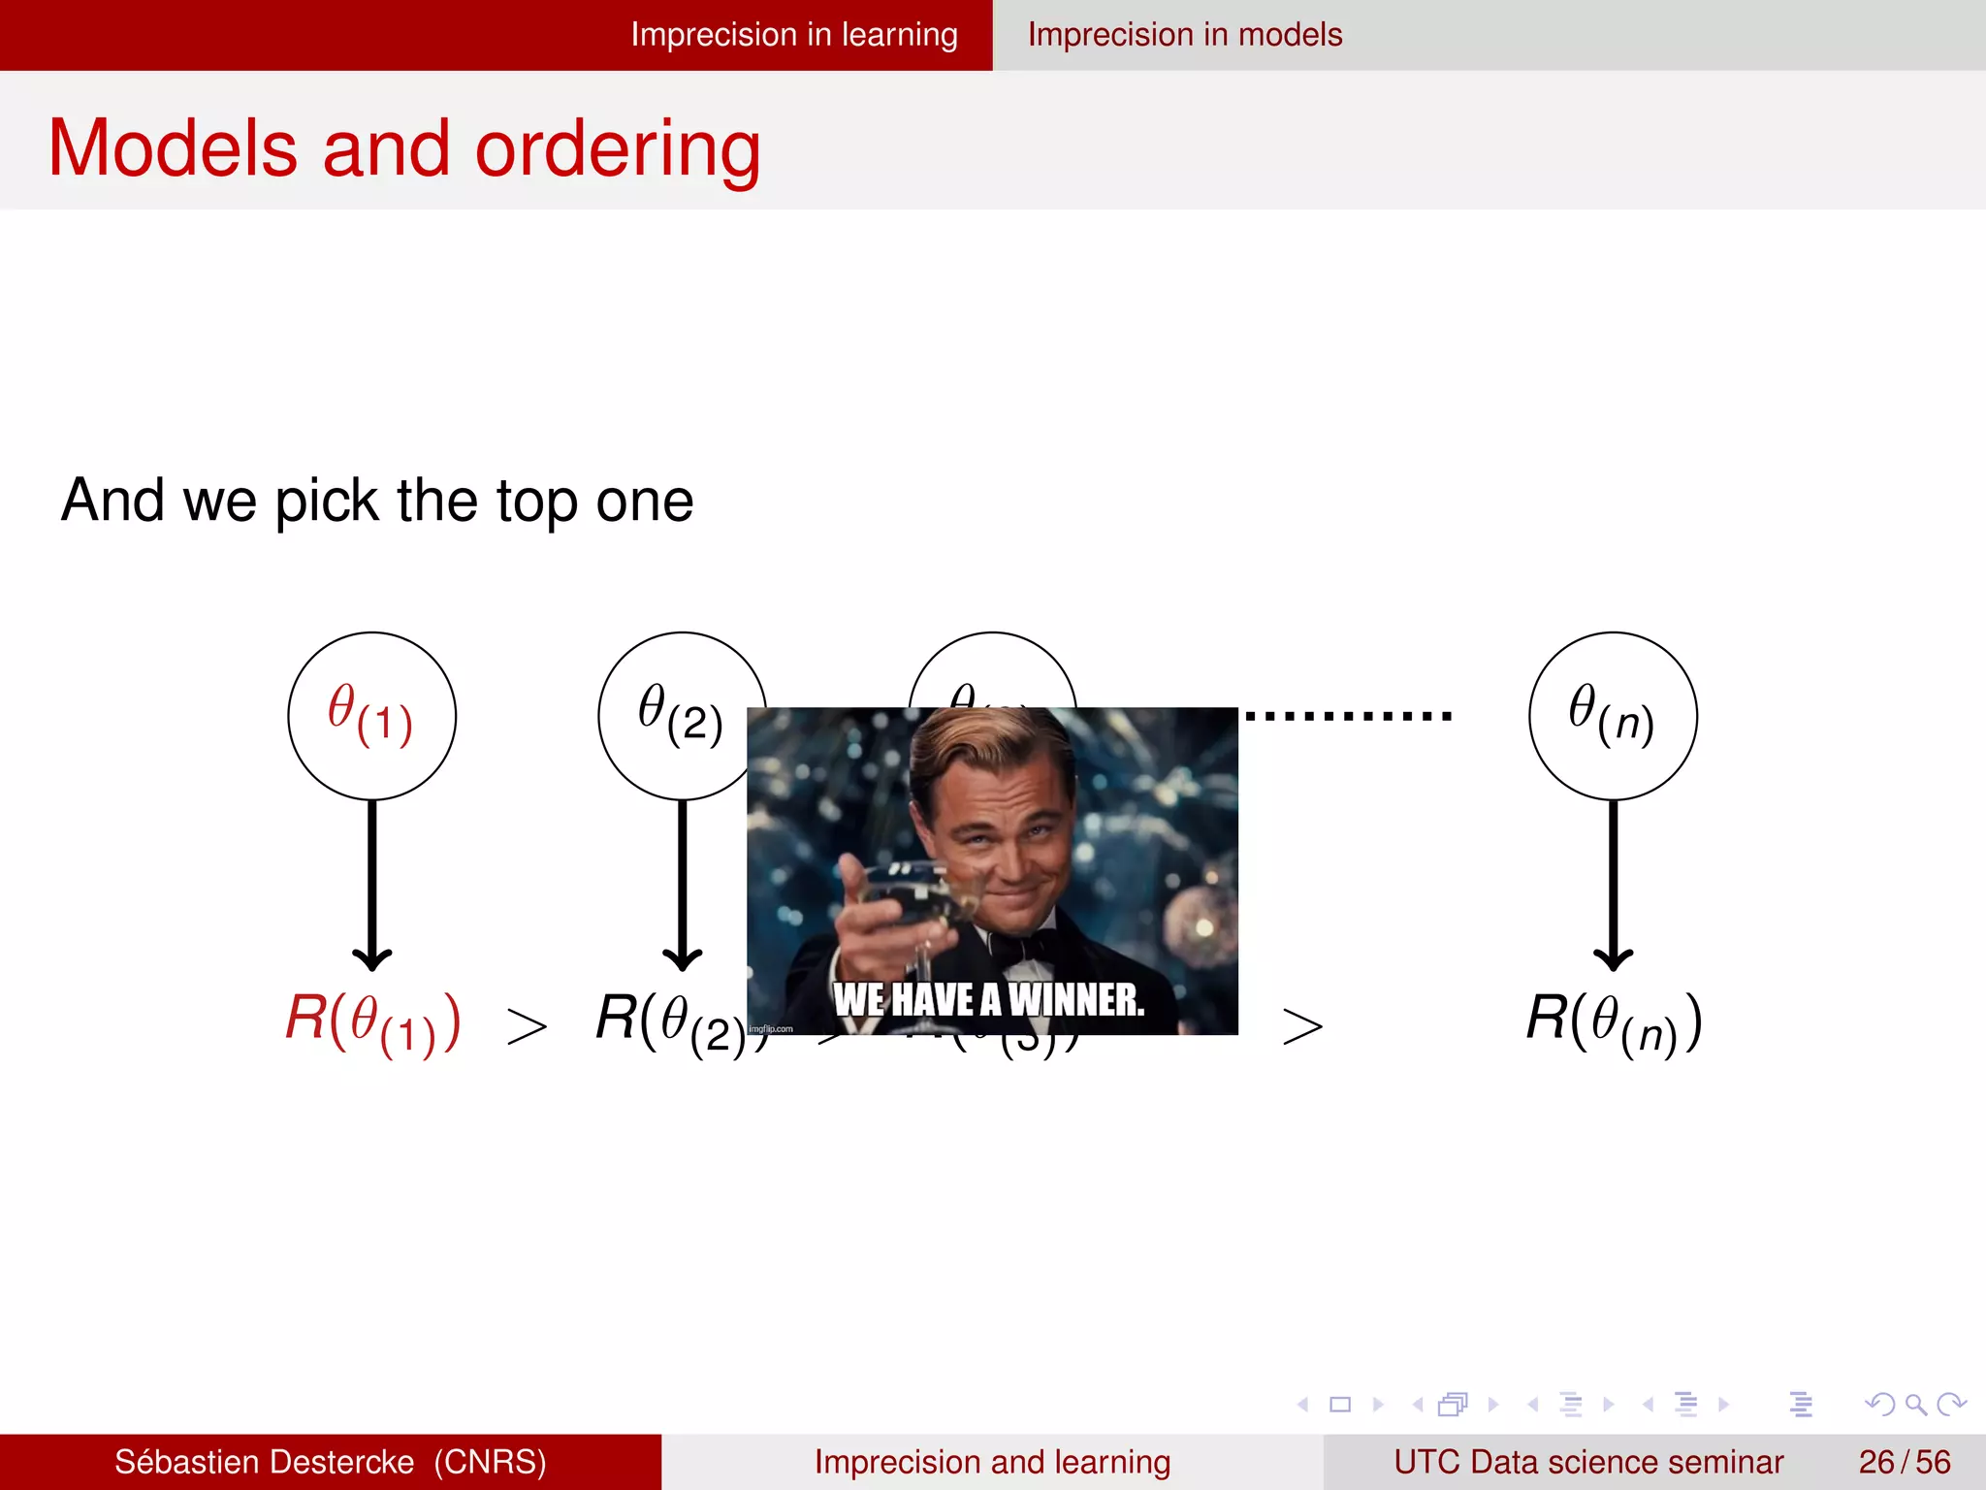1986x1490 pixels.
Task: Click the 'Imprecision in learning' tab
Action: point(793,35)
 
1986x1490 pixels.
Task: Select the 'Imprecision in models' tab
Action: point(1184,35)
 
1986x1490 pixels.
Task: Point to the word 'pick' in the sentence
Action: point(326,502)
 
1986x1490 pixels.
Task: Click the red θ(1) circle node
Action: point(371,716)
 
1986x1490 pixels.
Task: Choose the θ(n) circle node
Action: point(1613,716)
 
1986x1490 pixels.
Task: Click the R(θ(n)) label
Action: point(1613,1022)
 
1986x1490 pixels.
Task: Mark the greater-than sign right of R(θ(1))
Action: point(527,1026)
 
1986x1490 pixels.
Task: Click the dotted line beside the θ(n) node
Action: point(1348,716)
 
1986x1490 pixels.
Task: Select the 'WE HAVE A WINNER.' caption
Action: point(989,999)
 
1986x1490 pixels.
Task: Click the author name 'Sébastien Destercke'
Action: point(264,1462)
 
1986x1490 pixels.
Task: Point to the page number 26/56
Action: point(1904,1462)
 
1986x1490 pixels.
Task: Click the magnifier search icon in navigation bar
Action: point(1915,1404)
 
